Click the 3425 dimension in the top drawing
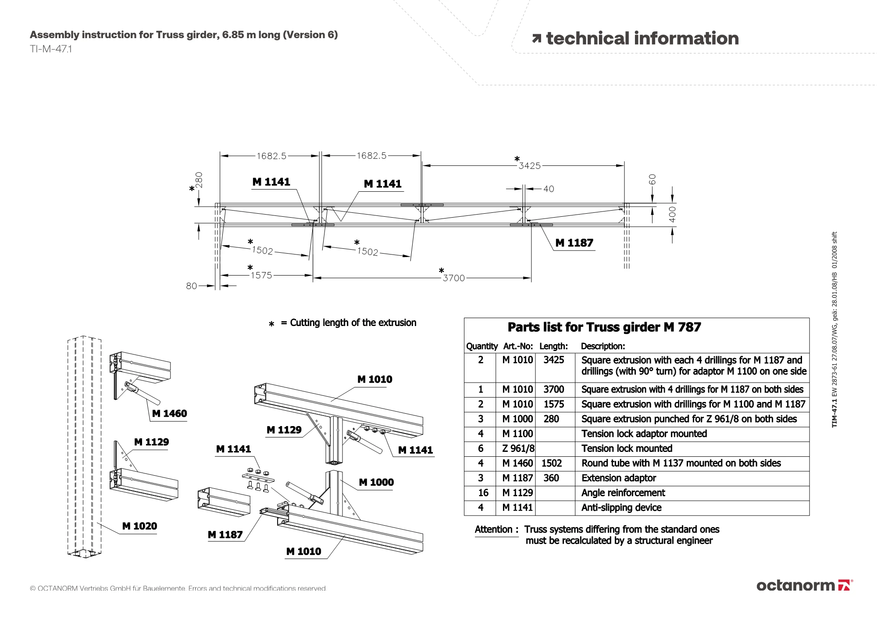529,166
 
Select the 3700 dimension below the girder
453,278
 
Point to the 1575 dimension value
261,276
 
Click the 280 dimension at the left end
199,180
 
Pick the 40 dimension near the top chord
549,189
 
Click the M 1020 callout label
139,526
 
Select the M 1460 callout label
169,414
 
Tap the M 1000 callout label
376,483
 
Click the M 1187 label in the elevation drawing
574,243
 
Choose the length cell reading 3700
553,390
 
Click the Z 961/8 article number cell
518,448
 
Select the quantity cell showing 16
483,493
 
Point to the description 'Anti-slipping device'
621,508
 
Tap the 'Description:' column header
603,346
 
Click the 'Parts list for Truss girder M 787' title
604,327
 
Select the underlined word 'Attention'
493,530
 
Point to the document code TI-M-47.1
51,49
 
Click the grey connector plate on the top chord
422,205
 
